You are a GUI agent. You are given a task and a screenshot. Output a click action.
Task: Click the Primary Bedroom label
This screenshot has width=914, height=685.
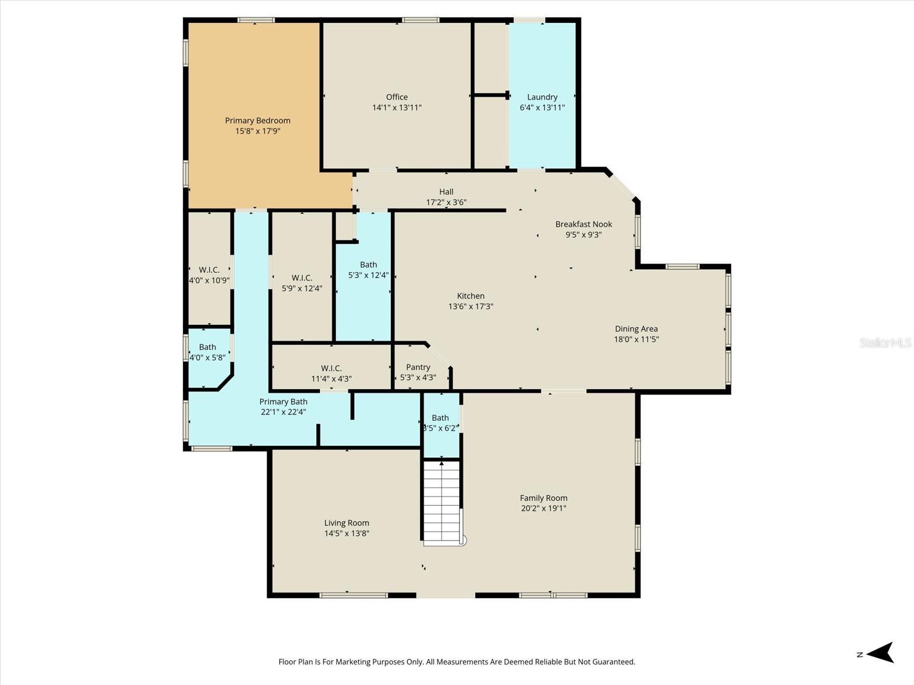point(257,120)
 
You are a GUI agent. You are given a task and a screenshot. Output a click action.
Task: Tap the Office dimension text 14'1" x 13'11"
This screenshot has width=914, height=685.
point(396,107)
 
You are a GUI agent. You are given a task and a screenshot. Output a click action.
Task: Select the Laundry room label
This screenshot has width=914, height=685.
point(542,97)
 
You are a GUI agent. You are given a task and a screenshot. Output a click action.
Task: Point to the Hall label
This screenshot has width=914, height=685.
point(446,192)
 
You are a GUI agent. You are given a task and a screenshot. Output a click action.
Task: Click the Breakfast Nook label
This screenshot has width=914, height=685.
point(583,224)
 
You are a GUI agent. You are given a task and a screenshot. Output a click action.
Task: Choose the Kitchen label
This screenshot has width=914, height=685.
point(470,296)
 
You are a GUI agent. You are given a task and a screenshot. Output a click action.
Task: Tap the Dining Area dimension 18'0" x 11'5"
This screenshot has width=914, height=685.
point(636,339)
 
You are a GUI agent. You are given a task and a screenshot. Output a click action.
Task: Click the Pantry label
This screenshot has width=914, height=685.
point(418,367)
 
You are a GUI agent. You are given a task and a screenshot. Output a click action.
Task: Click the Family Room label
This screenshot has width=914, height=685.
point(543,498)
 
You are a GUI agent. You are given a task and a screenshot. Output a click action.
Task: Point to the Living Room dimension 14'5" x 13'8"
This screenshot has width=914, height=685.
point(347,533)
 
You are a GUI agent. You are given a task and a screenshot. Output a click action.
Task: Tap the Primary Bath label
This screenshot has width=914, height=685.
point(283,402)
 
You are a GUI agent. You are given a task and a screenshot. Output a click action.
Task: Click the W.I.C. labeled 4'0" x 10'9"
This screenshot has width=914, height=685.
point(209,270)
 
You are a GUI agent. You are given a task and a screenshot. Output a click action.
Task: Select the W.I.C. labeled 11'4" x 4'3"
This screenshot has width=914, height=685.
point(331,368)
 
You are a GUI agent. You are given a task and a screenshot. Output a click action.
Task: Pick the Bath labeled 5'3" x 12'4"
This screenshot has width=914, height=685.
point(368,264)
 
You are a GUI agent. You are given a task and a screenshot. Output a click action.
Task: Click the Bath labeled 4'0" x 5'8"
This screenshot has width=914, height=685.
point(207,347)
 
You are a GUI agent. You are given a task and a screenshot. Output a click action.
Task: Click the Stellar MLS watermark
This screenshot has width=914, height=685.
point(885,342)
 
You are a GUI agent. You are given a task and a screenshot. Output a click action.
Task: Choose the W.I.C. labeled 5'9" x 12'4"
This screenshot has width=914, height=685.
point(302,278)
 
